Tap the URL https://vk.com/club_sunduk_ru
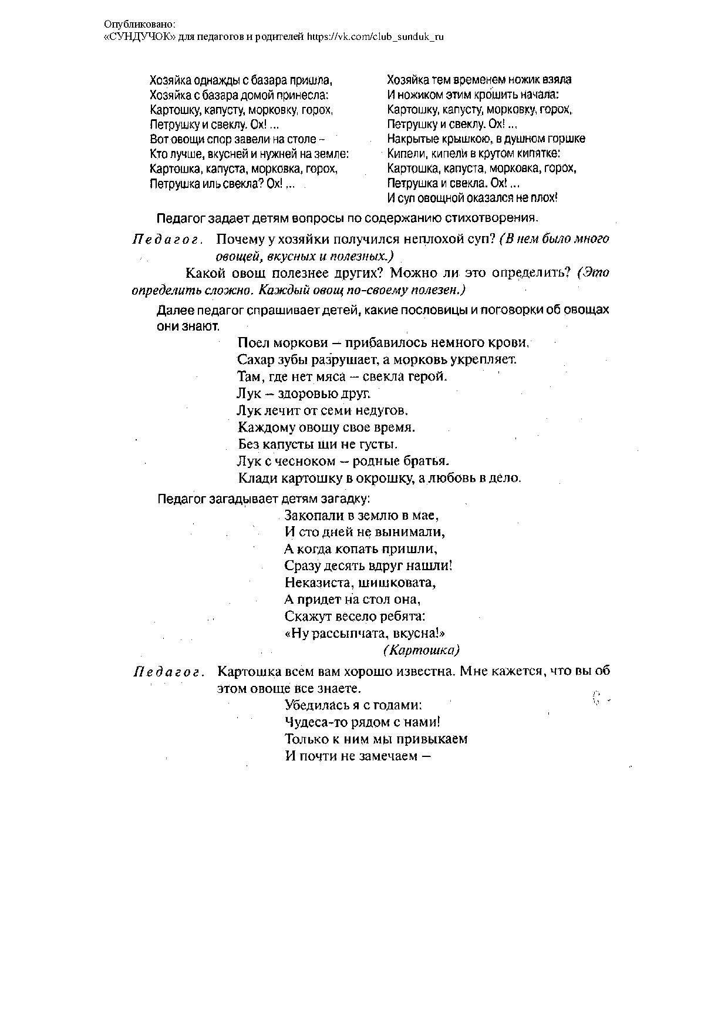tap(376, 36)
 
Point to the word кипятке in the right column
tap(541, 154)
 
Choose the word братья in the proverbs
tap(427, 461)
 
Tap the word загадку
tap(344, 499)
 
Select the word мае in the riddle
tap(427, 516)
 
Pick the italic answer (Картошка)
tap(421, 650)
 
